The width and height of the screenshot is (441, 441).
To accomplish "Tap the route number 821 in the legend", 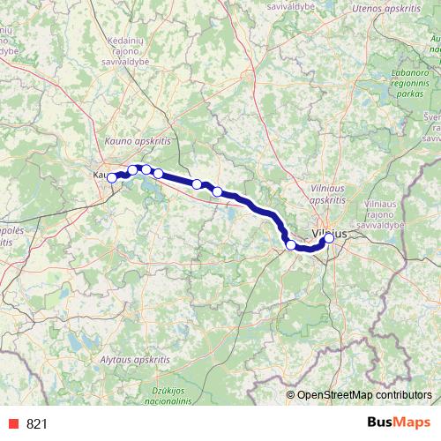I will [37, 423].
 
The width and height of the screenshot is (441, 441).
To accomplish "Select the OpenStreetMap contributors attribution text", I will [364, 394].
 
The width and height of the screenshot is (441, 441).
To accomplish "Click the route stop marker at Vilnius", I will [329, 237].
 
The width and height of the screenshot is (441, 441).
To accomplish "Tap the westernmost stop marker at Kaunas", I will [112, 178].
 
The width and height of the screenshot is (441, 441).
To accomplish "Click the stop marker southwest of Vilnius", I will [291, 244].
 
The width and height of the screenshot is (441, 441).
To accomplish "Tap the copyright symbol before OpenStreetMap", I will [291, 394].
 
